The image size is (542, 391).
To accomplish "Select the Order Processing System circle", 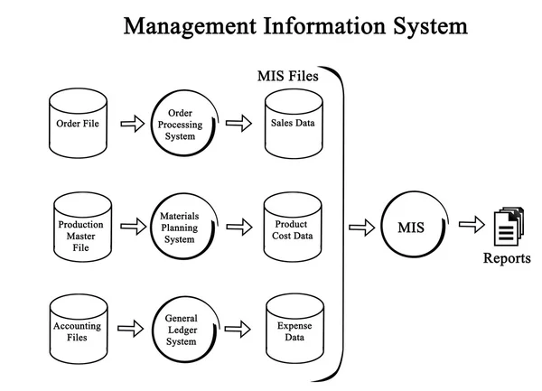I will click(x=185, y=123).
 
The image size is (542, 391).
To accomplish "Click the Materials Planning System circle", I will click(x=185, y=228).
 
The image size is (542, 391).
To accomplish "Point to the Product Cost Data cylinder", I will click(x=293, y=229).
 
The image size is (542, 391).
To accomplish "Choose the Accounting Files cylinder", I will click(x=78, y=330).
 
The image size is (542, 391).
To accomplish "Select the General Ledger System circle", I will click(x=185, y=330).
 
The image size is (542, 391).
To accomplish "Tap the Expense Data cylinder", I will click(x=293, y=330).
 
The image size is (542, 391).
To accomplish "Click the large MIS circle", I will click(x=411, y=228).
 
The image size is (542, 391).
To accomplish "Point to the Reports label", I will click(x=507, y=259).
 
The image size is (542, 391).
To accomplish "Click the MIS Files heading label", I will click(x=288, y=77).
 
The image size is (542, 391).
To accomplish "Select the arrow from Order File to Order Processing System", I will click(x=132, y=124).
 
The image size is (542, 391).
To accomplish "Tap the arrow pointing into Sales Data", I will click(x=238, y=124).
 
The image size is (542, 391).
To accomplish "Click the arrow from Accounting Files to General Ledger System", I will click(x=132, y=329).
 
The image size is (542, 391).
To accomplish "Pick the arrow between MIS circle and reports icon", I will click(x=472, y=226).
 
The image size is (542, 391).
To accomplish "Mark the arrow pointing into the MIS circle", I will click(x=361, y=228).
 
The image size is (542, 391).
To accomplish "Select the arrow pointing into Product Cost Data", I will click(x=238, y=228).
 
